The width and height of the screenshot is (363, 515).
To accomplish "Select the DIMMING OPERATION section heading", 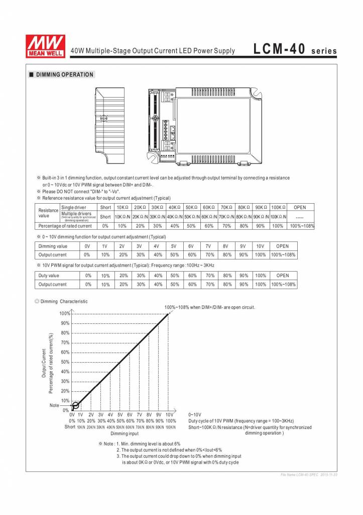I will [x=64, y=74].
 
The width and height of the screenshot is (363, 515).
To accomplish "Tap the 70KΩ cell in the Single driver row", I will [x=226, y=207].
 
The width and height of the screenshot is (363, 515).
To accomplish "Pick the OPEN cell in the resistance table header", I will [x=299, y=207].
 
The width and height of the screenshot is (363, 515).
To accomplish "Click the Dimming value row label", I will [x=53, y=246].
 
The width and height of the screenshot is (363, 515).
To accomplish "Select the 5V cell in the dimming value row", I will [x=174, y=246].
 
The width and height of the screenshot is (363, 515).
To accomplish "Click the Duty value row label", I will [x=49, y=276].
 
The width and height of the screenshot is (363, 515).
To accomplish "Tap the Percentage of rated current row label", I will [x=65, y=226].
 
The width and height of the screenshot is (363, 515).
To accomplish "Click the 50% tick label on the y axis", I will [x=65, y=362].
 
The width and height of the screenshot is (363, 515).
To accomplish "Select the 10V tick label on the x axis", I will [x=169, y=414].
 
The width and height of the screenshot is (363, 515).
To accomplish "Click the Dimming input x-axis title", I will [x=125, y=433].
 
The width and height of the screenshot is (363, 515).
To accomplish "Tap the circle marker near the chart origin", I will [x=75, y=405].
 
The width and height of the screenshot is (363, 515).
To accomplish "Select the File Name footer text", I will [x=308, y=475].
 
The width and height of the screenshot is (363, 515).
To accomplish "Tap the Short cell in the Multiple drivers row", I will [x=105, y=217].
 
